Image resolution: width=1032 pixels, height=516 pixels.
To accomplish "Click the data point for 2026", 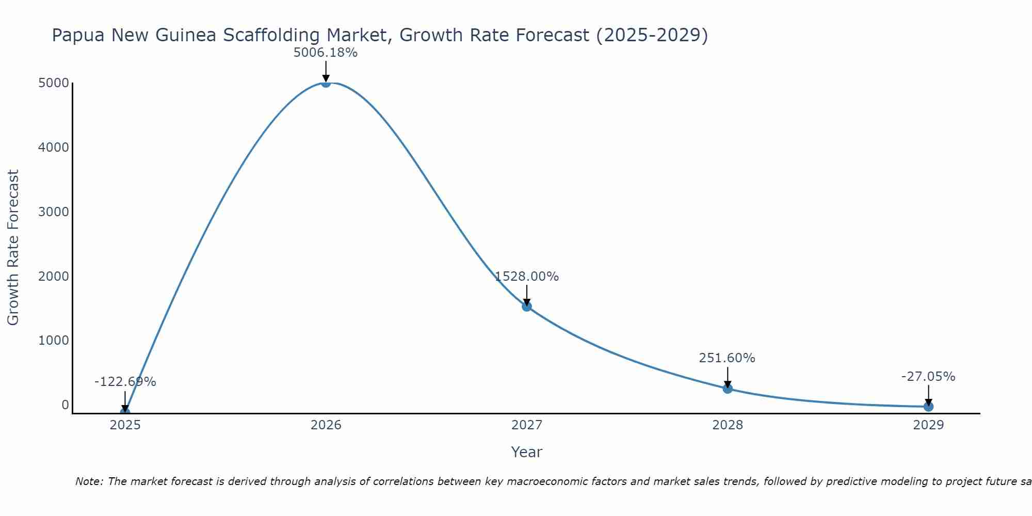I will pyautogui.click(x=326, y=83).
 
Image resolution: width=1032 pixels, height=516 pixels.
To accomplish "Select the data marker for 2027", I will pyautogui.click(x=526, y=307).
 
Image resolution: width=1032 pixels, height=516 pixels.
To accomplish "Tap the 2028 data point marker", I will pyautogui.click(x=728, y=389).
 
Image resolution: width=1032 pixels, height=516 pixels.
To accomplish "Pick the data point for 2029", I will pyautogui.click(x=928, y=407).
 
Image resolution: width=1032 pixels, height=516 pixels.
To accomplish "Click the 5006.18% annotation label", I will pyautogui.click(x=325, y=53).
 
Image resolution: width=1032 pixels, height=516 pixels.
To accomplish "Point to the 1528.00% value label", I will pyautogui.click(x=526, y=277).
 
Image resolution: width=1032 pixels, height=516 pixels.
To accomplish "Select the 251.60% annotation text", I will pyautogui.click(x=727, y=358).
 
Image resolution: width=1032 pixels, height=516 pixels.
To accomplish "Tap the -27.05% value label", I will pyautogui.click(x=928, y=377).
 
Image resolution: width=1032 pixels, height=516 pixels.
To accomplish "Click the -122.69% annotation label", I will pyautogui.click(x=125, y=382).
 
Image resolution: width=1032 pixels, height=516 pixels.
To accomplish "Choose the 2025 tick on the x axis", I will pyautogui.click(x=125, y=425).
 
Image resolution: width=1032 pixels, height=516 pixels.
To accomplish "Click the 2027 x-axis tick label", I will pyautogui.click(x=526, y=425).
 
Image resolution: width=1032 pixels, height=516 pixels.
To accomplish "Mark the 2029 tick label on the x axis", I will pyautogui.click(x=928, y=425).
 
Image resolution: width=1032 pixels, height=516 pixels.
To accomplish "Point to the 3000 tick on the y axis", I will pyautogui.click(x=53, y=212).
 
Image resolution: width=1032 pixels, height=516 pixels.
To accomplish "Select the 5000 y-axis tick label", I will pyautogui.click(x=53, y=83).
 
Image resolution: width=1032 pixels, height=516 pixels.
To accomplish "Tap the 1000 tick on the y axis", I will pyautogui.click(x=53, y=341).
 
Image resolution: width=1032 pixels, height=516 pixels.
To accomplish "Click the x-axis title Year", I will pyautogui.click(x=526, y=453).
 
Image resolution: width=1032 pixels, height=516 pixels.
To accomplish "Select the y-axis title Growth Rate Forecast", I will pyautogui.click(x=13, y=248).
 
